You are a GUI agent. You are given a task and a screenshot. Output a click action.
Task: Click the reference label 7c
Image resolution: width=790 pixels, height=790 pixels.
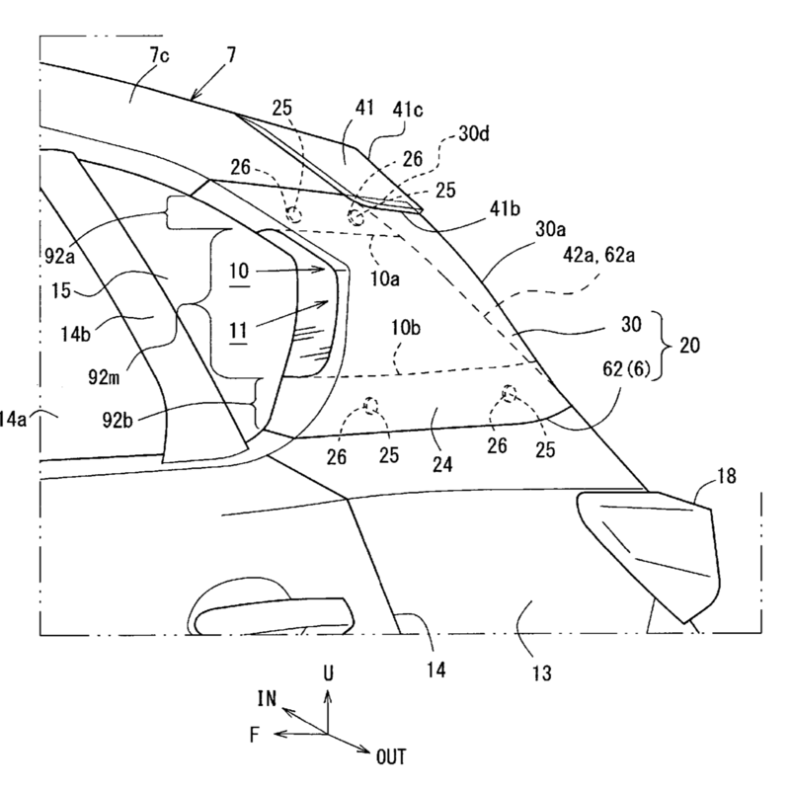click(x=159, y=55)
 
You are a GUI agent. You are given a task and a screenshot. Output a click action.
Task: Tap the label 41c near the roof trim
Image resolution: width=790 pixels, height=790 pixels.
click(x=408, y=109)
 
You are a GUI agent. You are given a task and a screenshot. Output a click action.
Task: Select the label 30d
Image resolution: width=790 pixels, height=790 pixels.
click(x=474, y=134)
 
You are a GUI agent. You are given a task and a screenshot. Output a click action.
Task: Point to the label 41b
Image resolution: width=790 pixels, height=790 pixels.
click(x=506, y=208)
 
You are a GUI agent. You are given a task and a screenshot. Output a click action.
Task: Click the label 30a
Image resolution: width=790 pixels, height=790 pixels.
click(x=550, y=229)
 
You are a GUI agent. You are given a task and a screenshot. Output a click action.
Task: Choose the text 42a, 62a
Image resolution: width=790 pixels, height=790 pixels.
click(x=598, y=256)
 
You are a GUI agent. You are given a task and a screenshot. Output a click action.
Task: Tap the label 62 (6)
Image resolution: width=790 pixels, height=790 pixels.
click(x=626, y=369)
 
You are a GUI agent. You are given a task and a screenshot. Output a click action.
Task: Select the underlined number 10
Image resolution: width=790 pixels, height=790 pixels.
click(x=239, y=272)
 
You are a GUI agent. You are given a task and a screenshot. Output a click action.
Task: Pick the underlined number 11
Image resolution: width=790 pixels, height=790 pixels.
click(x=238, y=331)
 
